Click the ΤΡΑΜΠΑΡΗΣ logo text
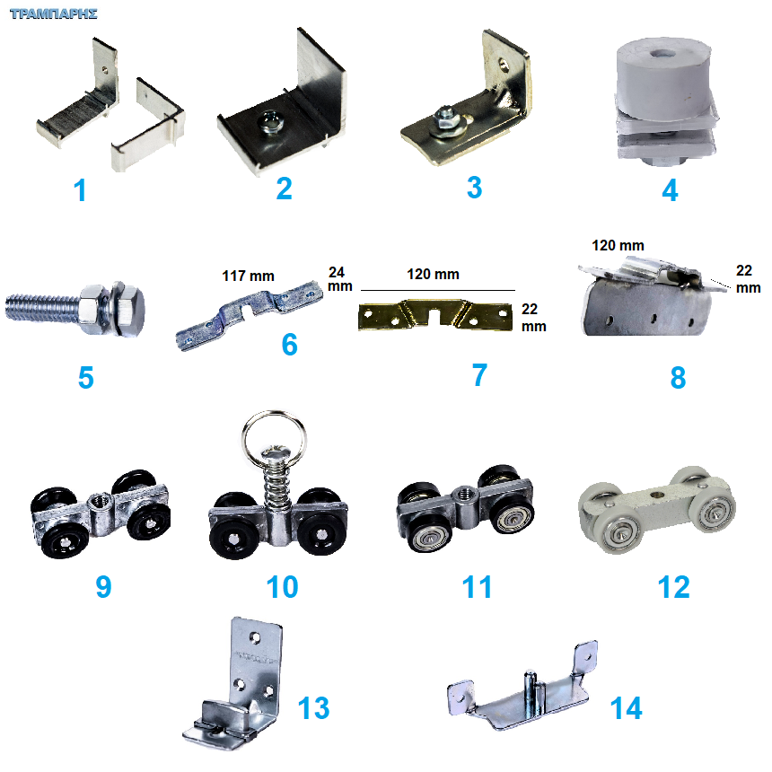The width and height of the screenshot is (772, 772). pyautogui.click(x=54, y=13)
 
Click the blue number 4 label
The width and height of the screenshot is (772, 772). pyautogui.click(x=670, y=190)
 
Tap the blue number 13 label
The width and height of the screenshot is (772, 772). pyautogui.click(x=313, y=708)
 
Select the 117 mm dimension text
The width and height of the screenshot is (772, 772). pyautogui.click(x=248, y=276)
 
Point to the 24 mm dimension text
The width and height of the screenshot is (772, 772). pyautogui.click(x=339, y=279)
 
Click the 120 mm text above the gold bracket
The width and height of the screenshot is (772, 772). pyautogui.click(x=433, y=274)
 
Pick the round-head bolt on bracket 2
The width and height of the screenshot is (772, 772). pyautogui.click(x=268, y=122)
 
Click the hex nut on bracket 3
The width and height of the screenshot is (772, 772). pyautogui.click(x=444, y=118)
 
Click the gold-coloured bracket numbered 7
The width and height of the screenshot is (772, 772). pyautogui.click(x=434, y=315)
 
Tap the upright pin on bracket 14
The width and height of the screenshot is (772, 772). pyautogui.click(x=531, y=693)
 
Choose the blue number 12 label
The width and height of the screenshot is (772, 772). pyautogui.click(x=673, y=587)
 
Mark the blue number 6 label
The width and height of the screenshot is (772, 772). pyautogui.click(x=289, y=344)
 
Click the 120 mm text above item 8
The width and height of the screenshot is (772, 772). pyautogui.click(x=618, y=245)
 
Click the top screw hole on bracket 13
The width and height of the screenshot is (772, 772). pyautogui.click(x=255, y=637)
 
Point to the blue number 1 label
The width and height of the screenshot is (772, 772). pyautogui.click(x=80, y=190)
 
